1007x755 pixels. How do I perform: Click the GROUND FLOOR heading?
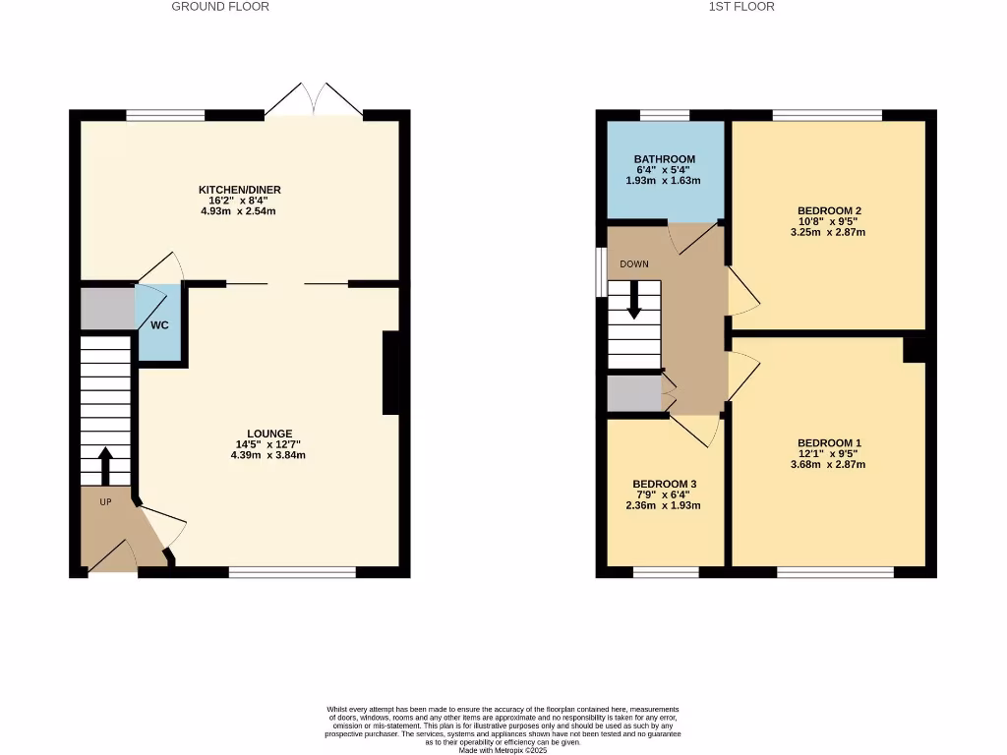[220, 7]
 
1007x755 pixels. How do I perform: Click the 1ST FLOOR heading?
[741, 7]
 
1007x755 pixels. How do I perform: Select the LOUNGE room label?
[268, 434]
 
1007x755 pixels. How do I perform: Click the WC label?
[159, 324]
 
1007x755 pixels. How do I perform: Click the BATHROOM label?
[664, 159]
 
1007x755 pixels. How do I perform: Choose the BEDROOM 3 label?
[664, 485]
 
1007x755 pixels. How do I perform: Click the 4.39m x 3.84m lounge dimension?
[268, 455]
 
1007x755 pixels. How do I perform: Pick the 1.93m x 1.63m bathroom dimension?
[664, 181]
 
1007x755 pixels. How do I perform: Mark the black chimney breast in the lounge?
[390, 373]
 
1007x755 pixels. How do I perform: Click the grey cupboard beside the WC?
[107, 309]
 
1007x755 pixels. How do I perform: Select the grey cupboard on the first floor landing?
[633, 392]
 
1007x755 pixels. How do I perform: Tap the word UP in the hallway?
[105, 502]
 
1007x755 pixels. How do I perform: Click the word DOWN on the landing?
[633, 264]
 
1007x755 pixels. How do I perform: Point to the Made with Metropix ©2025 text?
[503, 750]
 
